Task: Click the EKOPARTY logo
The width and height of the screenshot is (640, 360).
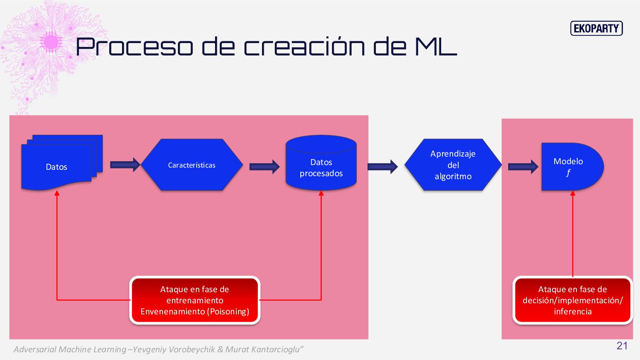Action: tap(596, 29)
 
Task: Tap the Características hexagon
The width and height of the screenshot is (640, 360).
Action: tap(192, 165)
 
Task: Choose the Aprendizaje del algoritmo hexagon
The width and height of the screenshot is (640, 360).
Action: tap(453, 165)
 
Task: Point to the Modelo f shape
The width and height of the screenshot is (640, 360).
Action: tap(570, 167)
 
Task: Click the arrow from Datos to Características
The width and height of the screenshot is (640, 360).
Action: tap(125, 165)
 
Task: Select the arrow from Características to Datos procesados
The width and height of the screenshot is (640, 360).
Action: tap(264, 166)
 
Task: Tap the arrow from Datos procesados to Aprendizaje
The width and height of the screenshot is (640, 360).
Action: tap(382, 166)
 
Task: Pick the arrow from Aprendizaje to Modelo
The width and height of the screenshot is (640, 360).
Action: tap(523, 166)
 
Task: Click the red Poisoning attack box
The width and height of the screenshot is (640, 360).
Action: tap(195, 300)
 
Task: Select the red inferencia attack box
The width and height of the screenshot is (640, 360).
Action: tap(572, 300)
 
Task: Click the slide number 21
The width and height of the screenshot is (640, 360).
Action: tap(622, 346)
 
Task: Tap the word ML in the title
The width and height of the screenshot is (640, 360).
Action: tap(436, 46)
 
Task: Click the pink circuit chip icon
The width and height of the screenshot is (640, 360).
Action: tap(51, 42)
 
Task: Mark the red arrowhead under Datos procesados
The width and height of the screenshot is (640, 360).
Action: tap(321, 193)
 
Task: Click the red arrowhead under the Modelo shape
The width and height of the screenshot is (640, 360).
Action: tap(573, 193)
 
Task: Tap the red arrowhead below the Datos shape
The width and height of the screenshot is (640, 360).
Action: tap(57, 193)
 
